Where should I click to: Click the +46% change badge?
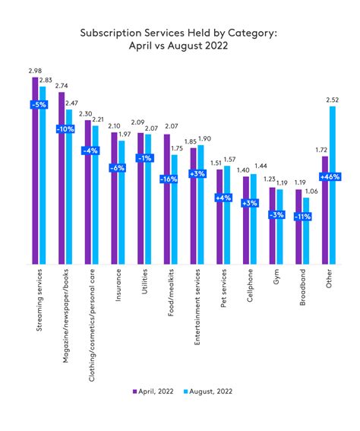[329, 177]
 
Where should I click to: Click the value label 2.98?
[33, 71]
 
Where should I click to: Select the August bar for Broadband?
[307, 231]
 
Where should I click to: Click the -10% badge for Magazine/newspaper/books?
[65, 130]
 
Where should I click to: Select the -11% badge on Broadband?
[303, 216]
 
